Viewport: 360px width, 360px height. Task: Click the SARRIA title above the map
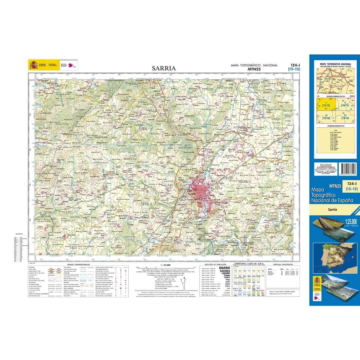click(x=163, y=68)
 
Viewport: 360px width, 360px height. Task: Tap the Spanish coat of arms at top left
click(x=32, y=65)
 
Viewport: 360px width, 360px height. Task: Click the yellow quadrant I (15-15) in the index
click(x=323, y=105)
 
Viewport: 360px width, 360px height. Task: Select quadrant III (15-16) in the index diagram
click(x=326, y=117)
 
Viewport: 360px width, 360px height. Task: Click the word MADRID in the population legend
click(x=224, y=268)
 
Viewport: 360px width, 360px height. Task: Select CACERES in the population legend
click(x=224, y=271)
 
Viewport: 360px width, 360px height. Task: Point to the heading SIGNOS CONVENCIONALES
click(x=79, y=265)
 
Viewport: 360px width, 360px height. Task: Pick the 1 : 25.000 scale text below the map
click(x=165, y=265)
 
